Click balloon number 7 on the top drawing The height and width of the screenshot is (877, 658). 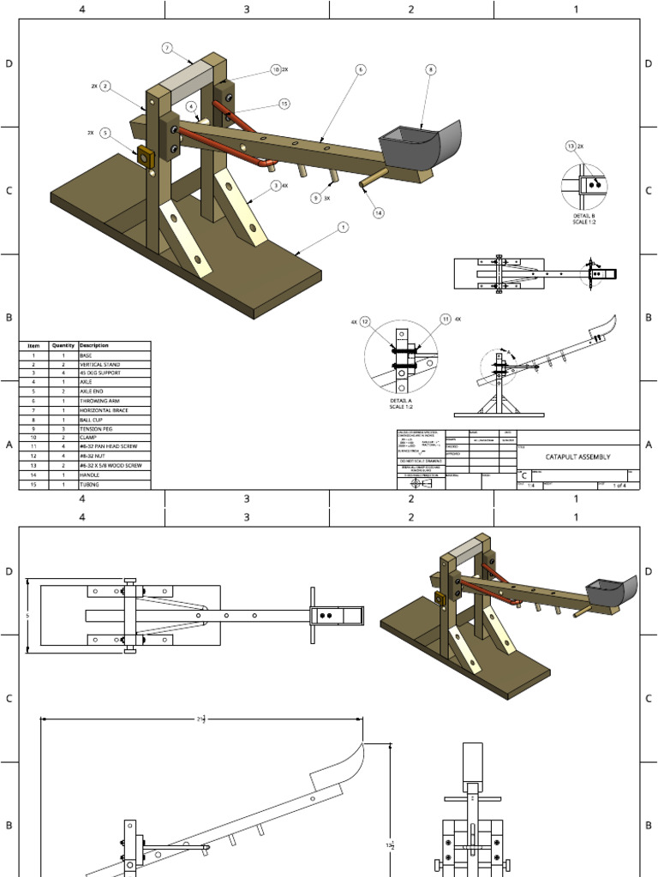point(167,48)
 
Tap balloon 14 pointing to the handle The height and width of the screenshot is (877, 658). point(379,212)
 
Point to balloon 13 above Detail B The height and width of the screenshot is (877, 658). point(571,146)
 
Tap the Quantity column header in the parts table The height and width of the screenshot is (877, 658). point(63,345)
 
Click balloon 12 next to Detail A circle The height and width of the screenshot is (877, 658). point(365,321)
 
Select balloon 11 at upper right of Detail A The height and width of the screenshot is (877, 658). point(446,319)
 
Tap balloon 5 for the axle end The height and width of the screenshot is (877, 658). point(105,133)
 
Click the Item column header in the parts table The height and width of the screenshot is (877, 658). point(33,345)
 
